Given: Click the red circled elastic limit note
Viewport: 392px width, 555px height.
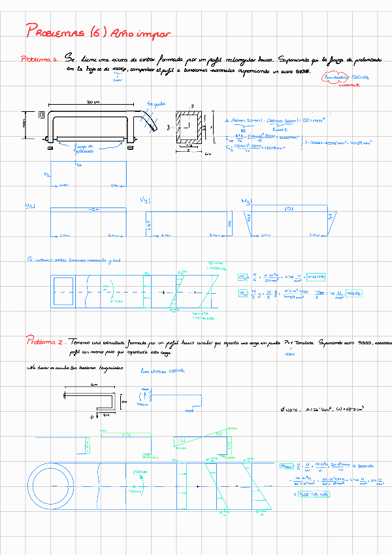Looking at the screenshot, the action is coord(346,78).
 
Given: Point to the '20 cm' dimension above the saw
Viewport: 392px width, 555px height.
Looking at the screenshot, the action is coord(93,103).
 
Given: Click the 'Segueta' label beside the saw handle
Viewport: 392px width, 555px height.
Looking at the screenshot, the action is coord(157,103).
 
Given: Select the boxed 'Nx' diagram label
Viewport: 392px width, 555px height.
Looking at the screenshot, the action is coord(29,206).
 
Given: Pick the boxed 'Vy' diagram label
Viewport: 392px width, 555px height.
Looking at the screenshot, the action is coord(145,200).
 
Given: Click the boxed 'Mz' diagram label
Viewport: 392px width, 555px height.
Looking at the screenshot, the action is coord(246,201).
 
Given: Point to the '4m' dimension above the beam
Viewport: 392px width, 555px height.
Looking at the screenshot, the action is coord(93,386).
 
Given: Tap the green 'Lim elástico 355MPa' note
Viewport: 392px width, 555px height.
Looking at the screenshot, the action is coord(161,371).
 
